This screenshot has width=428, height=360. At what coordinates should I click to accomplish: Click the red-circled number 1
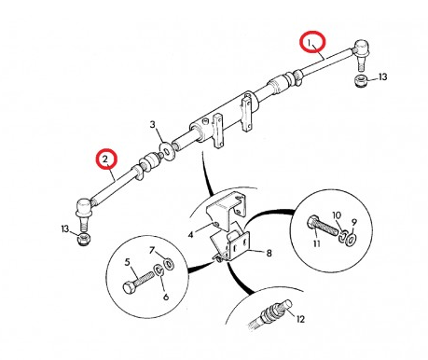[x=310, y=42]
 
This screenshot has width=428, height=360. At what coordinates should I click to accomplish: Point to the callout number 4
[x=193, y=237]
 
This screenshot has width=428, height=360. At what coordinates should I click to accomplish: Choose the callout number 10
[x=269, y=251]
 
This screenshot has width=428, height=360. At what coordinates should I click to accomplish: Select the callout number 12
[x=338, y=215]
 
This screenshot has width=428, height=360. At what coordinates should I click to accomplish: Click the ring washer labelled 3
[x=165, y=146]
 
